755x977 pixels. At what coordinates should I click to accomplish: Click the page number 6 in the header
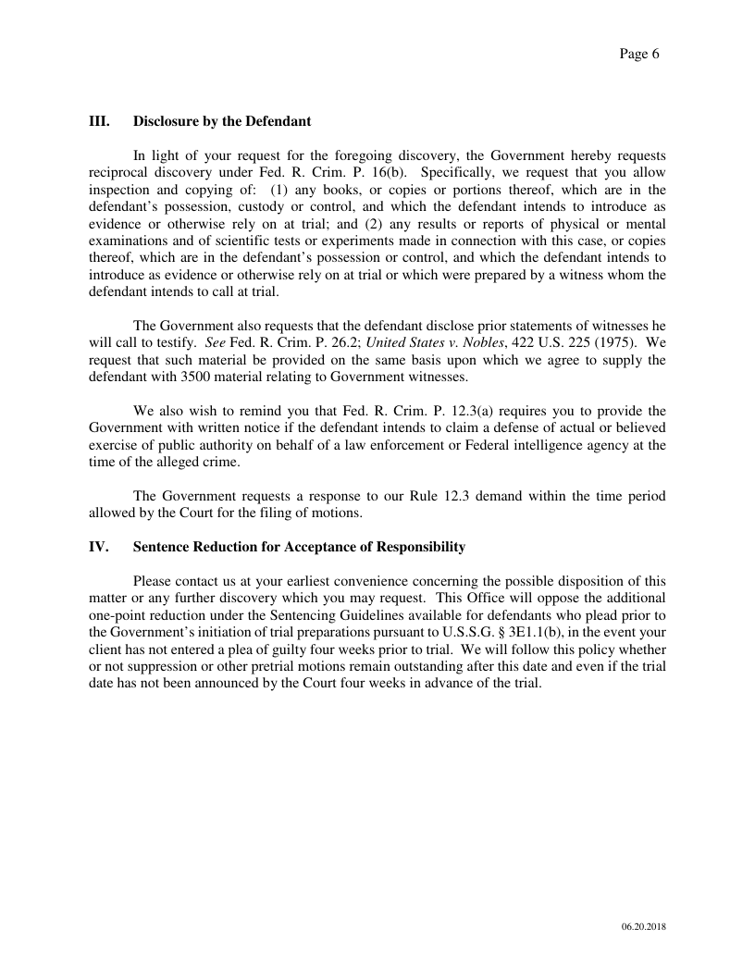tap(655, 54)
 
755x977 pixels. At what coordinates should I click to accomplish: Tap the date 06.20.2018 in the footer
tap(644, 926)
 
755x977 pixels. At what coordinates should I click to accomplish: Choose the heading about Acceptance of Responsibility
tap(299, 547)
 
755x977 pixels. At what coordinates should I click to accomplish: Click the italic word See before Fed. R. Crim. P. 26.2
tap(215, 343)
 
